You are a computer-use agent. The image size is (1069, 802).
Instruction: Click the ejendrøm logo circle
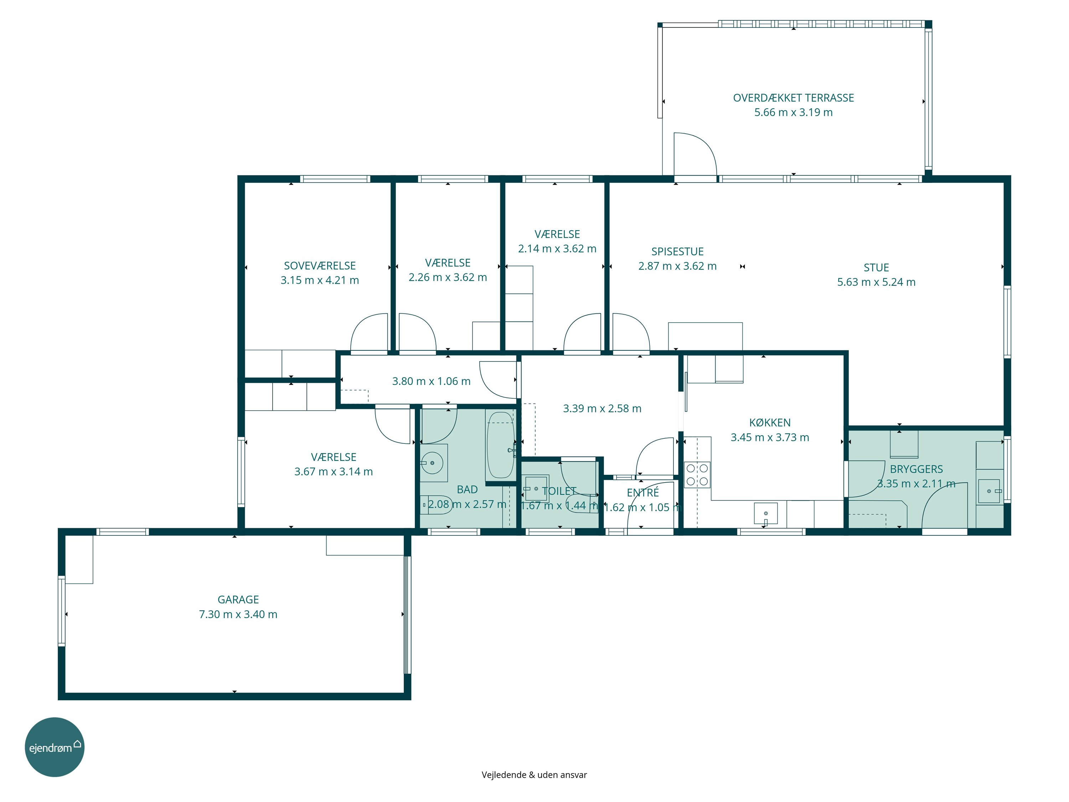tap(55, 747)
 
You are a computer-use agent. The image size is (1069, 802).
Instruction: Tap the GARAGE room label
tap(238, 600)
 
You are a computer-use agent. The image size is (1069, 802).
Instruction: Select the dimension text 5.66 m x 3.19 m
tap(794, 112)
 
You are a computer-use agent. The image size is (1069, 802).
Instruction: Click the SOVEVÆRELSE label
tap(320, 266)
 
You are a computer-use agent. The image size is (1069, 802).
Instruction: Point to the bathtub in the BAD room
tap(500, 445)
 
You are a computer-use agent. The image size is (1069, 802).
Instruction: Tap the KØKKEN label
tap(770, 422)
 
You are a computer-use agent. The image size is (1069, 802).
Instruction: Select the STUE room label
tap(876, 267)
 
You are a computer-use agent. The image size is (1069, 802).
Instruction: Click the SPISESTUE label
tap(677, 251)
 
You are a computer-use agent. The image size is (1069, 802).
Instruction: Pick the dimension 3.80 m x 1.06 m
tap(431, 381)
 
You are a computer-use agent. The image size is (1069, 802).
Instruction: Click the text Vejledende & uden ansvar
tap(534, 775)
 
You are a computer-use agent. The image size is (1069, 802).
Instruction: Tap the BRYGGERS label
tap(916, 469)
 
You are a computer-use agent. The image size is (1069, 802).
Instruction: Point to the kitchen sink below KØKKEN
tap(766, 513)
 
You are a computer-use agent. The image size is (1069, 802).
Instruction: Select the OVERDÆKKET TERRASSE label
tap(794, 98)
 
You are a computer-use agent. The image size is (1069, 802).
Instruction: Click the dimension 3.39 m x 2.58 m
tap(602, 408)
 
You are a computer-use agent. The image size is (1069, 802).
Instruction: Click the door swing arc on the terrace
tap(705, 145)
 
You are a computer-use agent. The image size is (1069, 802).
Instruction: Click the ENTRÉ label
tap(643, 493)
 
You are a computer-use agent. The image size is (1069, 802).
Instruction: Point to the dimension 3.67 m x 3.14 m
tap(334, 471)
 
